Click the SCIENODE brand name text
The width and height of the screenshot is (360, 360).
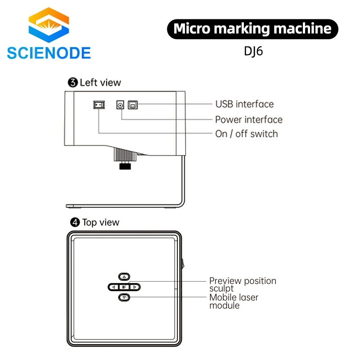[49, 53]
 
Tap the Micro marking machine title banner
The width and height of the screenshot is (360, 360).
[252, 29]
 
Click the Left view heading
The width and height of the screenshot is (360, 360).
[94, 82]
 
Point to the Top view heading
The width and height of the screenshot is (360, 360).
[95, 222]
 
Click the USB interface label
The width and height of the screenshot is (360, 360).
[244, 104]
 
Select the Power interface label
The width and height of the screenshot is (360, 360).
[249, 119]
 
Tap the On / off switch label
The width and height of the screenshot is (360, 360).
[247, 134]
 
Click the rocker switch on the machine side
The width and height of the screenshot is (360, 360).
[99, 105]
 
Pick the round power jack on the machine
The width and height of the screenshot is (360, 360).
[121, 104]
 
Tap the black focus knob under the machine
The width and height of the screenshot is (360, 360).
[125, 167]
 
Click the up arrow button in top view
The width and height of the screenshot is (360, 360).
[125, 276]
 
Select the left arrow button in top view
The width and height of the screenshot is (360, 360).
[114, 287]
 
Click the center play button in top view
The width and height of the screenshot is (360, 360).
[124, 287]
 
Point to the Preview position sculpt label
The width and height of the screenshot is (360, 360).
[243, 284]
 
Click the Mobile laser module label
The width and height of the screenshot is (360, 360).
[234, 301]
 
